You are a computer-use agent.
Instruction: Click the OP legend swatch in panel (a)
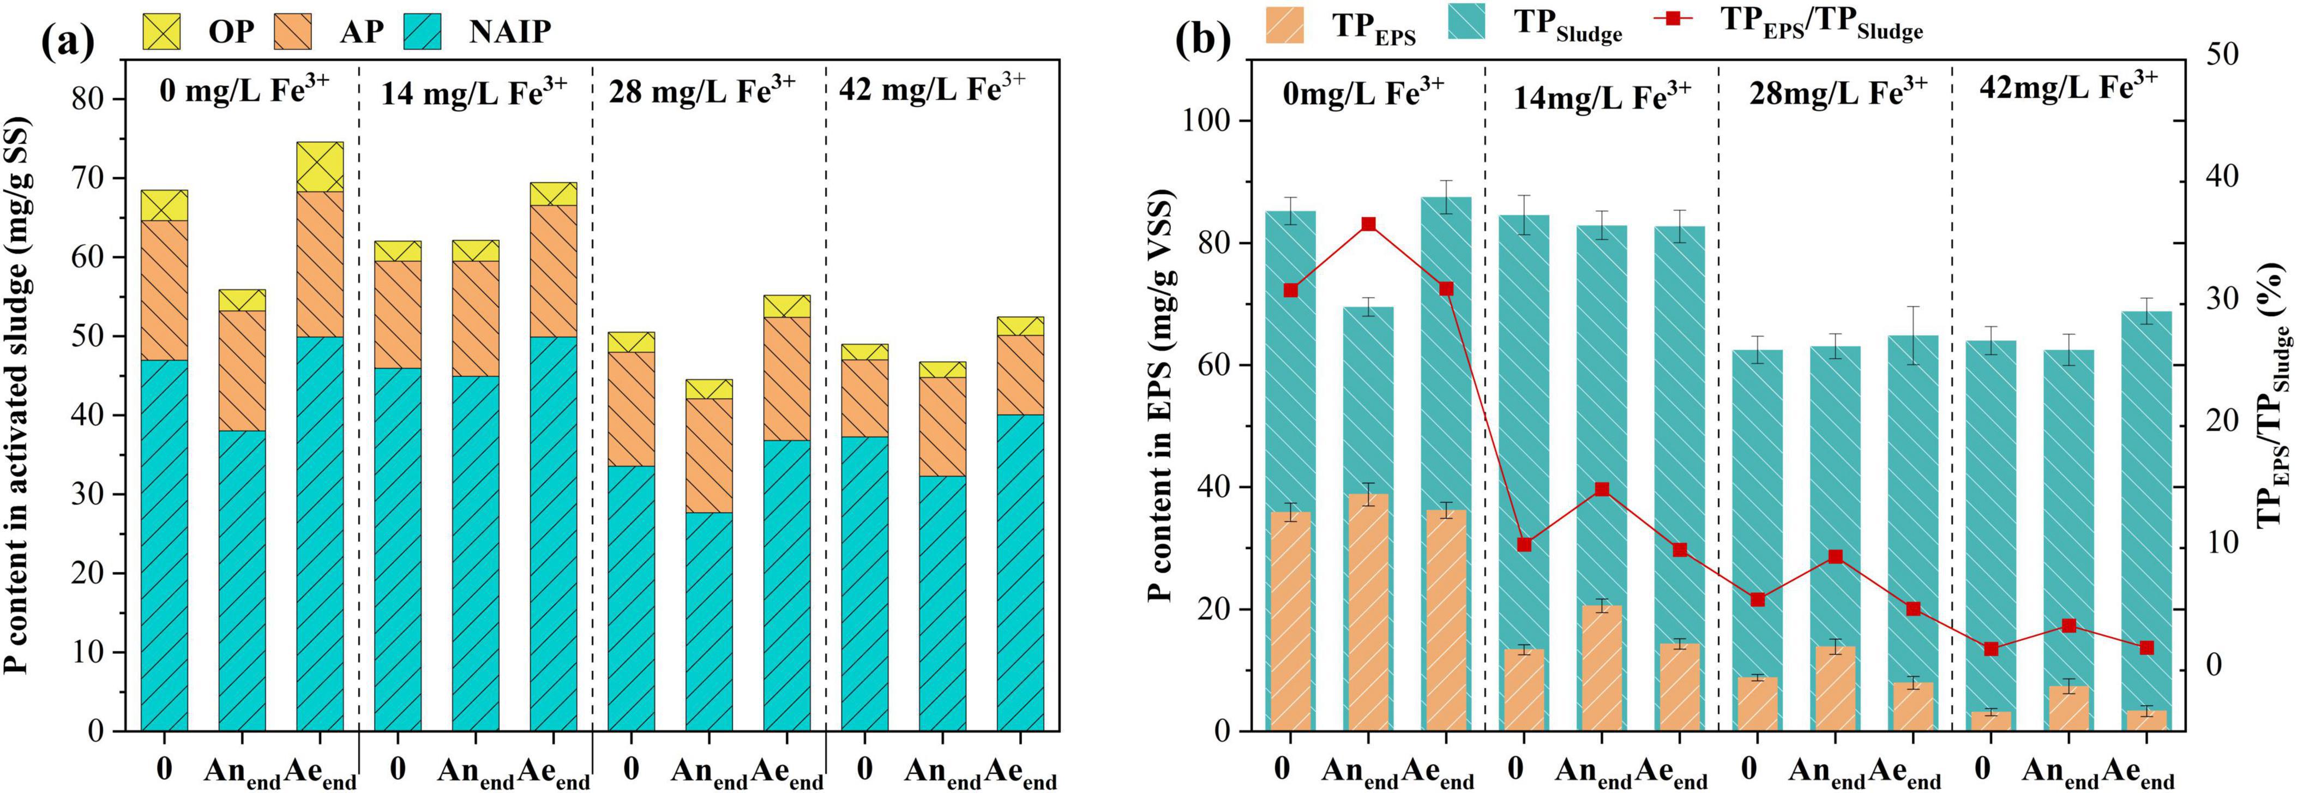point(161,31)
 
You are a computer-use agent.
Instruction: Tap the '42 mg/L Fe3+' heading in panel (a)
point(932,90)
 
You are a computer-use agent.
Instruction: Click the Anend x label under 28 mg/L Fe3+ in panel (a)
point(709,772)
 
